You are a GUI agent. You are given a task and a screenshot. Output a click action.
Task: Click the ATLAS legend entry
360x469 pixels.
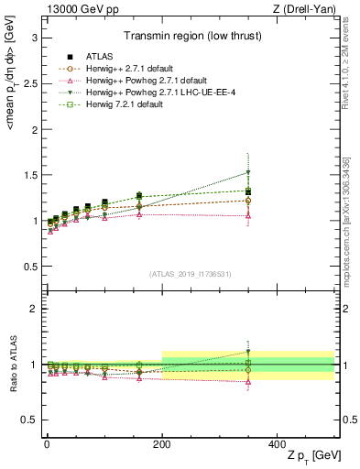coord(94,56)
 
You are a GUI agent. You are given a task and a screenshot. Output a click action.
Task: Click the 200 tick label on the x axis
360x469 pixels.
coord(162,442)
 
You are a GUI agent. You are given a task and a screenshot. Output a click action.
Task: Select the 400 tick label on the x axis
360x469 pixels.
coord(277,442)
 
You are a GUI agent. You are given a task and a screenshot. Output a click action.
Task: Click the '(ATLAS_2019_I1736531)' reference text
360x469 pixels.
coord(191,274)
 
